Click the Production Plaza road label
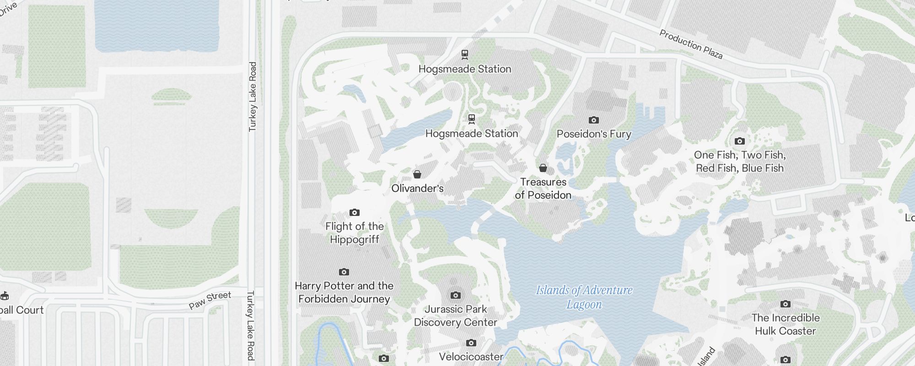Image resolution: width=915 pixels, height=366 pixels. click(691, 44)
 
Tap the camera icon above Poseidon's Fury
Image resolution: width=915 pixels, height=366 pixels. click(594, 120)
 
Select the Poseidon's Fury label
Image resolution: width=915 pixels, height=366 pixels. click(594, 134)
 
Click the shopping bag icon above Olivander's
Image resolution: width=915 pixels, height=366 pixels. click(417, 174)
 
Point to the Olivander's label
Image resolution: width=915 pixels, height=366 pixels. click(417, 188)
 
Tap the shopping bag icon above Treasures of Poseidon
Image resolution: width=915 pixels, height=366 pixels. click(543, 168)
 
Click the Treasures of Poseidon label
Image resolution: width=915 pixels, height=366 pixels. click(543, 188)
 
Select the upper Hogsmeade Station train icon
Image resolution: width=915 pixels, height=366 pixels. click(465, 55)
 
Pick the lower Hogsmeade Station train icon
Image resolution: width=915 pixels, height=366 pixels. click(472, 119)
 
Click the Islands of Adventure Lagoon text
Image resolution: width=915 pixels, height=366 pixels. click(584, 297)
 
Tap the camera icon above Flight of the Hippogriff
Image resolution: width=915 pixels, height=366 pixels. click(355, 212)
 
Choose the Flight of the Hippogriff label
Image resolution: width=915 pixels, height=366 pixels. click(355, 233)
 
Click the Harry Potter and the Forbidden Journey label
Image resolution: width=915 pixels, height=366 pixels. click(344, 292)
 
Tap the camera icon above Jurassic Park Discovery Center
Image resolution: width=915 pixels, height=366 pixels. click(456, 295)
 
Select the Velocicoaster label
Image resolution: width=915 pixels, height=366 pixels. click(471, 356)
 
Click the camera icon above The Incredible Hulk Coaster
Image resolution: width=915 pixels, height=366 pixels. click(786, 304)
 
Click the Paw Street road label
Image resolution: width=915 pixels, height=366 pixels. click(210, 300)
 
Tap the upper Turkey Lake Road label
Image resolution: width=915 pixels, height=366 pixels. click(253, 97)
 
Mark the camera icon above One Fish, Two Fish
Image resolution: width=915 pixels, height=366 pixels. click(740, 141)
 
